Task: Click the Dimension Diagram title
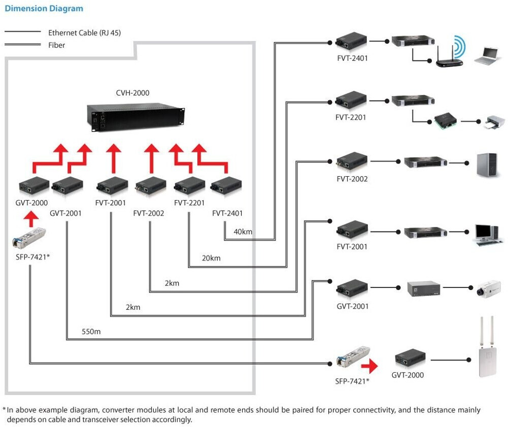pos(44,9)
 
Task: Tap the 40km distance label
pos(243,232)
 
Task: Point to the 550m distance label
pos(91,332)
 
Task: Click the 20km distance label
pos(211,258)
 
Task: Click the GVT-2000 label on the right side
pos(408,375)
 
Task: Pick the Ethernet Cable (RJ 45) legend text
pos(84,32)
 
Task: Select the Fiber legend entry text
pos(56,45)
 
